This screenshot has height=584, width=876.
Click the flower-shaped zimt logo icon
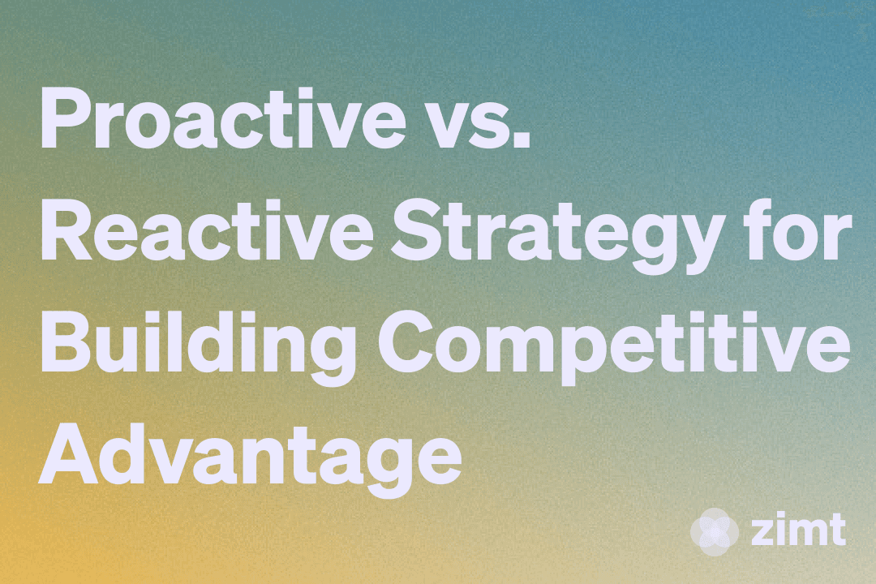[714, 530]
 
